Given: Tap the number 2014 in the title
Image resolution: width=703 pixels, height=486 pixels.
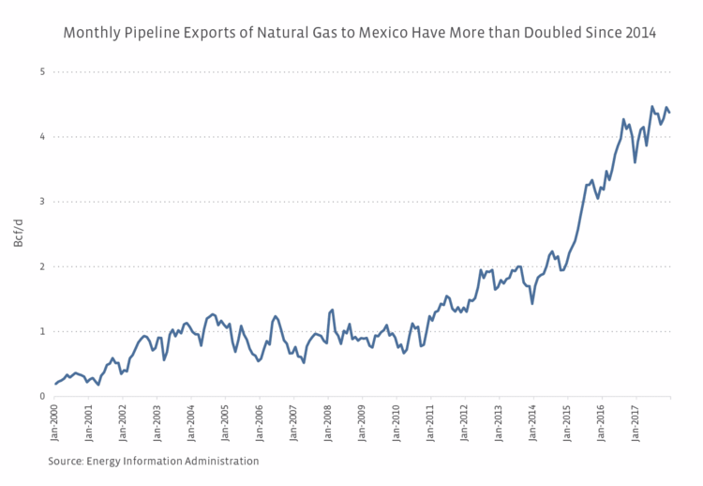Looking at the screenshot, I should (x=639, y=33).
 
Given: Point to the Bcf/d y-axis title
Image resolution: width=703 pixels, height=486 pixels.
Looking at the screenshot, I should (x=19, y=234).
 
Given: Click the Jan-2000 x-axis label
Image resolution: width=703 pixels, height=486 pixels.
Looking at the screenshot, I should (x=54, y=424).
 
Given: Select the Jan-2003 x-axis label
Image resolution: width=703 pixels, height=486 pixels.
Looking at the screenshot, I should (x=157, y=424).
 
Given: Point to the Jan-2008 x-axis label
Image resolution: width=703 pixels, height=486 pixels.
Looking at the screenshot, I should (x=327, y=424).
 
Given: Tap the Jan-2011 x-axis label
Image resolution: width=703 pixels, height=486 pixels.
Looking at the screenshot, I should (x=430, y=424).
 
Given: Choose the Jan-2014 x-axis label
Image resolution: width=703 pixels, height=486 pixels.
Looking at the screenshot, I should (x=532, y=424).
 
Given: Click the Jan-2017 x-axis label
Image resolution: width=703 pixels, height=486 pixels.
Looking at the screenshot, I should (x=635, y=424).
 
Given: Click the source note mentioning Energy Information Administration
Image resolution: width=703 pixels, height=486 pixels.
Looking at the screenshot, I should (x=154, y=461).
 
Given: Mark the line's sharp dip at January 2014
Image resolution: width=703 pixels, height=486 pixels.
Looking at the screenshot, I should (x=532, y=303).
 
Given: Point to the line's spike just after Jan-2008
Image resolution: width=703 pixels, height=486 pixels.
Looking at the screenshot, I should (x=332, y=310).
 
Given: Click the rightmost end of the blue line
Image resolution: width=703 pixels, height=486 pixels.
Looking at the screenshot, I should (x=669, y=113).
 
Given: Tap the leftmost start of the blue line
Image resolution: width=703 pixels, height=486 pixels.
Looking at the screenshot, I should (x=55, y=384).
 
